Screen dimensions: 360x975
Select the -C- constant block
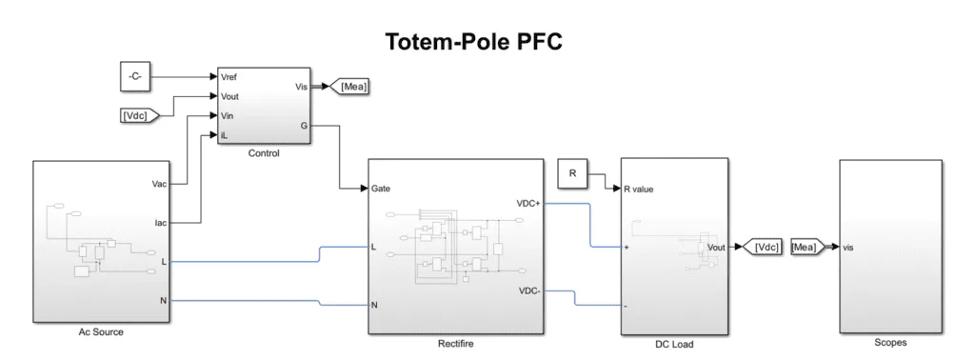point(134,75)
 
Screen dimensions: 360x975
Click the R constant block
point(573,173)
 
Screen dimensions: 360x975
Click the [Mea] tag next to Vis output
point(353,87)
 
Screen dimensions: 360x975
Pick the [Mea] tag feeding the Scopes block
point(808,248)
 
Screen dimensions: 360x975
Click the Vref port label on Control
point(229,75)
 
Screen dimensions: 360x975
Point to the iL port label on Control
point(224,135)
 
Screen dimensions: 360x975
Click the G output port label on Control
point(304,125)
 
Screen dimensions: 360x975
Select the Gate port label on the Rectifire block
point(382,189)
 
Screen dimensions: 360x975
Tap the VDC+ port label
point(527,202)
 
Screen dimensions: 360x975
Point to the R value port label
point(639,189)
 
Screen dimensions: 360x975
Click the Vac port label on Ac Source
point(159,183)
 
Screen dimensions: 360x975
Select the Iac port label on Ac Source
point(160,223)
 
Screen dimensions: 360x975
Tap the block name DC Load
point(675,344)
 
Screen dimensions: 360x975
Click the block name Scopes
point(890,342)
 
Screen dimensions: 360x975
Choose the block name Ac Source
point(101,332)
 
